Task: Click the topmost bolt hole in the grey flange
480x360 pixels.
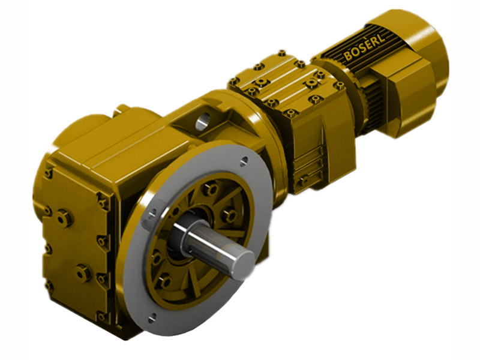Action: click(x=243, y=161)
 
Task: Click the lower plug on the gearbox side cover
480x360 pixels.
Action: click(x=83, y=273)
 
